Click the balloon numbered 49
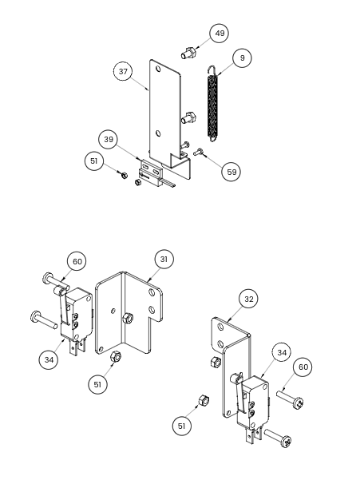220,33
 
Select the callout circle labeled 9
242,58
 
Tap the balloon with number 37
123,71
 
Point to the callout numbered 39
109,140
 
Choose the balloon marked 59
231,172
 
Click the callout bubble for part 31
164,260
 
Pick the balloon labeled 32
248,299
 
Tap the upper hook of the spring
212,69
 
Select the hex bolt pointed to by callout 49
188,53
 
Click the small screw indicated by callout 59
198,152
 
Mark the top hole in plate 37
158,68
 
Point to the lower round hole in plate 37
158,133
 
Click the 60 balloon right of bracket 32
303,367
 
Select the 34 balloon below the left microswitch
49,359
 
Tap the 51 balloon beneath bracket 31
97,384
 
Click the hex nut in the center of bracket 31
128,319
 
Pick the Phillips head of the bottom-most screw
287,441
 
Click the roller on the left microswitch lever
58,290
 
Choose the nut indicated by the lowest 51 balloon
204,401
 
